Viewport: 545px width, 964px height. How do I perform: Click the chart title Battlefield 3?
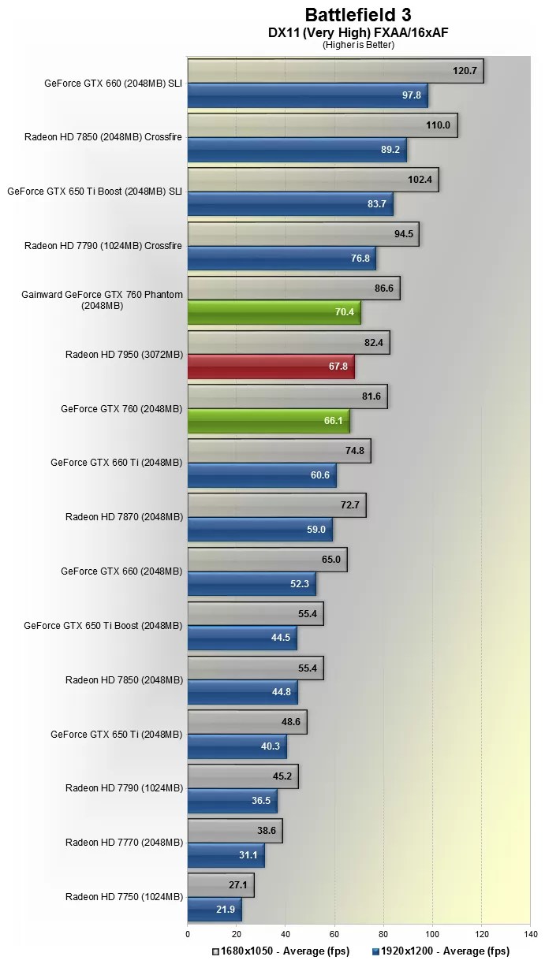(x=358, y=14)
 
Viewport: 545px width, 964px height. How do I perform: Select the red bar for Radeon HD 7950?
(x=271, y=367)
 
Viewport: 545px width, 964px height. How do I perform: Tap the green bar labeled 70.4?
(x=274, y=312)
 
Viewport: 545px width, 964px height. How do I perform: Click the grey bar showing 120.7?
(x=335, y=71)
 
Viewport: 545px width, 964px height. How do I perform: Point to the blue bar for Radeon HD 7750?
(x=214, y=909)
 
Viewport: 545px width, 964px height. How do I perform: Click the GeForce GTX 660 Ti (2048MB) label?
(x=116, y=463)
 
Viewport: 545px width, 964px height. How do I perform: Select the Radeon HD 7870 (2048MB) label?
(x=124, y=517)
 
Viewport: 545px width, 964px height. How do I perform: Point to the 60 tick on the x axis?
(x=334, y=935)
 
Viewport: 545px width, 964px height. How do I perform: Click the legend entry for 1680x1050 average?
(x=280, y=951)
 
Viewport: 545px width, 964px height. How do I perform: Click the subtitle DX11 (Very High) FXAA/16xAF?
(x=358, y=32)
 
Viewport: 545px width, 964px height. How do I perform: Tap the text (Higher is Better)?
(x=358, y=45)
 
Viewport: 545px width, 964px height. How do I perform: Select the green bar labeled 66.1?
(x=268, y=421)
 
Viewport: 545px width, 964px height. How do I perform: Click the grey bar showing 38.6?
(x=234, y=831)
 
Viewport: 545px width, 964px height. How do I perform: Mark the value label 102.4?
(x=420, y=180)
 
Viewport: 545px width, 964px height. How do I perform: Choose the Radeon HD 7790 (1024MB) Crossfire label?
(x=103, y=246)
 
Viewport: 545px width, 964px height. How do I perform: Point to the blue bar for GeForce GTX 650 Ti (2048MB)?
(x=237, y=746)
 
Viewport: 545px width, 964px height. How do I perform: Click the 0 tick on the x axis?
(x=188, y=935)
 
